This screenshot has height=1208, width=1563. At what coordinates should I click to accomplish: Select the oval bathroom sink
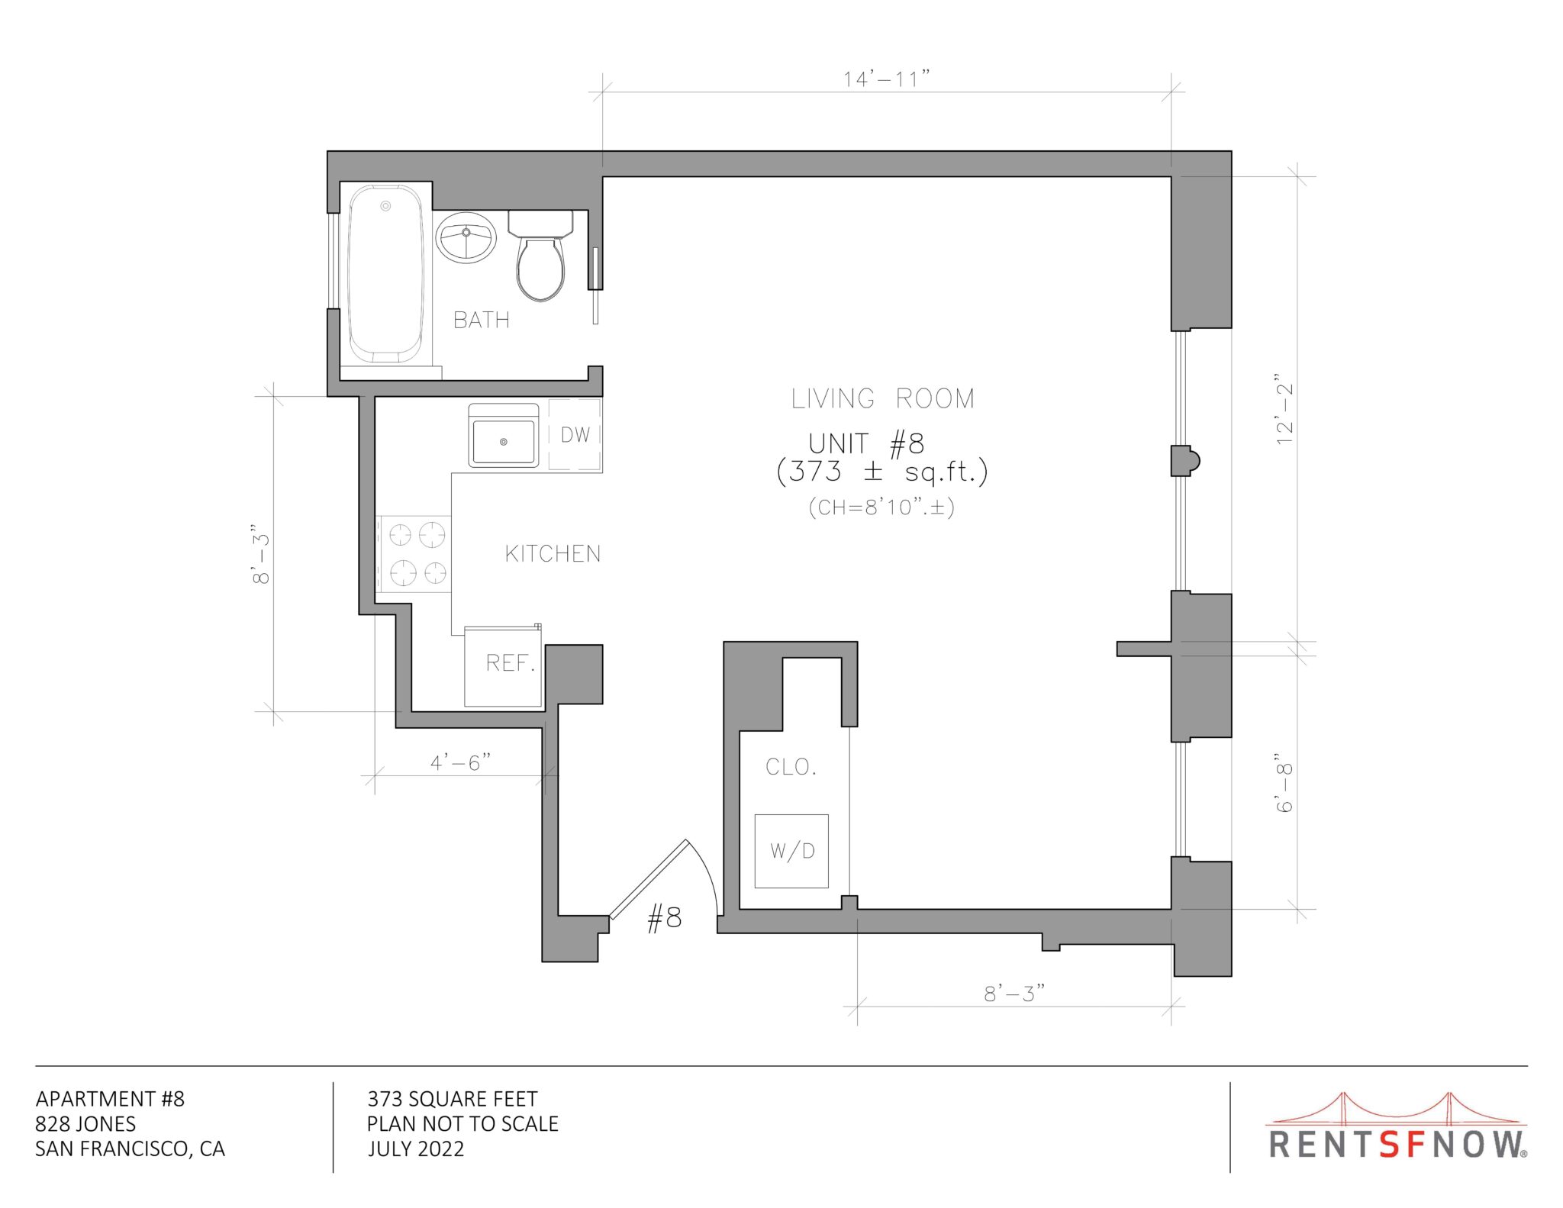[466, 237]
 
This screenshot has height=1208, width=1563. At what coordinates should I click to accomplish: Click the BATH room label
[481, 320]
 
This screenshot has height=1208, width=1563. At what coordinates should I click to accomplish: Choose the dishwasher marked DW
[575, 435]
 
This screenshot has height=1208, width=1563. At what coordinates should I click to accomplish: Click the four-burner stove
[415, 554]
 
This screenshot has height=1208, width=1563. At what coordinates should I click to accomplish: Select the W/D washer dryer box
[791, 851]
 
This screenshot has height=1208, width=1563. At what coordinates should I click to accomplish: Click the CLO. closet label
[791, 767]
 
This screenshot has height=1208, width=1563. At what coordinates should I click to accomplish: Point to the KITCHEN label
[553, 554]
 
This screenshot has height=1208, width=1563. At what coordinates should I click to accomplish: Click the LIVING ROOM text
[882, 398]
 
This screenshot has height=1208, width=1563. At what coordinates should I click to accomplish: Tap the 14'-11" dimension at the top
[886, 79]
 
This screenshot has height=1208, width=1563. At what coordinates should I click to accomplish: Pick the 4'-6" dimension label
[460, 762]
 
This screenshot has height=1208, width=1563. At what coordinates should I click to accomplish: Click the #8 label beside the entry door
[664, 918]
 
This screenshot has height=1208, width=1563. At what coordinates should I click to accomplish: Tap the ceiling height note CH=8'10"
[881, 507]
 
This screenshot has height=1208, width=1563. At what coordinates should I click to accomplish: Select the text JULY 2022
[416, 1148]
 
